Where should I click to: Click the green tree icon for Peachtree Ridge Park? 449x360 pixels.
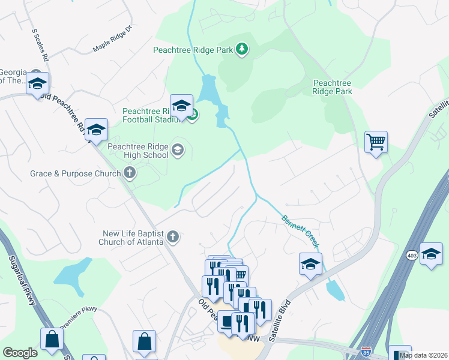tap(241, 49)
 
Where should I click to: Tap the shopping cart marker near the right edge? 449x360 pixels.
tap(376, 142)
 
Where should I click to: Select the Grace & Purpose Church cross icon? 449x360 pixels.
tap(129, 174)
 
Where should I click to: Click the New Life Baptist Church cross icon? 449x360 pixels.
tap(172, 237)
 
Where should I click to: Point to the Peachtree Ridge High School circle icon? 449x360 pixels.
tap(177, 149)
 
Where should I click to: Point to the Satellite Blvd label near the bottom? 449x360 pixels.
tap(280, 320)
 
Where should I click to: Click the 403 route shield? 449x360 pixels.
tap(413, 255)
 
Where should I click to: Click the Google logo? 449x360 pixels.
tap(20, 353)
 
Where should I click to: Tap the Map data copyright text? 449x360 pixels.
tap(424, 355)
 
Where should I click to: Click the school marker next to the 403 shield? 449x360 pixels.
tap(431, 253)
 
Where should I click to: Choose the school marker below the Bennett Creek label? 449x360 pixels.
tap(310, 263)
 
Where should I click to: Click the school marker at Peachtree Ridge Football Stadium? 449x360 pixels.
tap(181, 106)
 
